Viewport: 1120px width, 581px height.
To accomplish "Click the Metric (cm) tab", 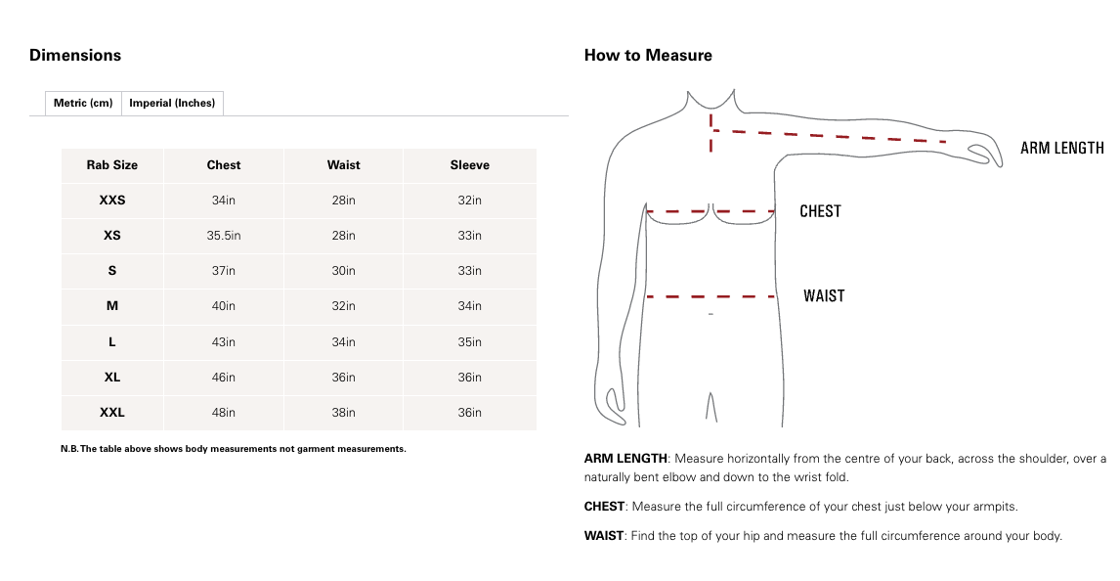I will coord(83,103).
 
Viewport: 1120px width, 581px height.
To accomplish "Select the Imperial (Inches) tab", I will coord(172,103).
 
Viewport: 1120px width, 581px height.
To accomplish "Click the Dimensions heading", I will coord(75,55).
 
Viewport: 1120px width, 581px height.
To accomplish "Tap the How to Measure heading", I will coord(648,55).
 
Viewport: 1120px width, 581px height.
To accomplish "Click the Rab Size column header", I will coord(112,165).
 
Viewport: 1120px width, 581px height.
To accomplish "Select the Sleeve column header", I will coord(470,165).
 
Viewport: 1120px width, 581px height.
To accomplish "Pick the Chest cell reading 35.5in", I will coord(224,236).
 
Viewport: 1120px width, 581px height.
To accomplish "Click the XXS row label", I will coord(112,201).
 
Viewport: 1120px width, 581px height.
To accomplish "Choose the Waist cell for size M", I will coord(343,306).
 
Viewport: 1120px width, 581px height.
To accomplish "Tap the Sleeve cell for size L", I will coord(470,342).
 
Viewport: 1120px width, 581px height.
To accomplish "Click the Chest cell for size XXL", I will coord(224,413).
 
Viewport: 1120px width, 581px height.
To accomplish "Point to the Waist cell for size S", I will coord(343,271).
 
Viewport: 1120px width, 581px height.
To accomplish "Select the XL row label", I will coord(112,378).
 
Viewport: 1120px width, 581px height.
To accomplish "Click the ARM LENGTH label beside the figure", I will coord(1061,149).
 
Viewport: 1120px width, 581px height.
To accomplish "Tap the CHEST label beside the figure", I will coord(820,211).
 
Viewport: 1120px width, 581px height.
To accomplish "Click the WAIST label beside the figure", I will coord(824,295).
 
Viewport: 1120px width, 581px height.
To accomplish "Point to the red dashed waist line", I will coord(711,295).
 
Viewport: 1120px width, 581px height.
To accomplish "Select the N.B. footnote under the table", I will coord(234,449).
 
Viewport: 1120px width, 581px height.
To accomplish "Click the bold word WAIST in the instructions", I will coord(603,536).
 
